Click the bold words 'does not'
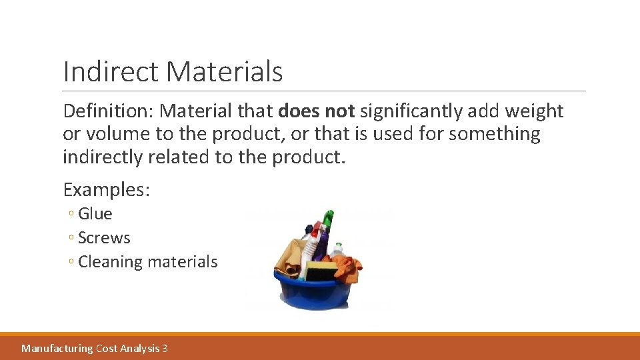point(317,111)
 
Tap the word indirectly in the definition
point(108,157)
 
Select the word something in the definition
point(495,134)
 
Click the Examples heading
point(106,190)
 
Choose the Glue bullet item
point(95,214)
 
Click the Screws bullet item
point(104,238)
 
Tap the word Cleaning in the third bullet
point(110,262)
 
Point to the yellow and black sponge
point(322,270)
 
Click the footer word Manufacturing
point(57,348)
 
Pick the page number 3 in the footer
point(165,348)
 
